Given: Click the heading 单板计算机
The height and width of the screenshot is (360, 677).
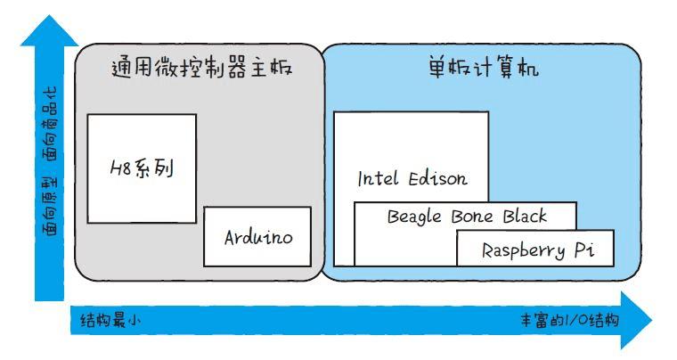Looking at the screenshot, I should pos(482,68).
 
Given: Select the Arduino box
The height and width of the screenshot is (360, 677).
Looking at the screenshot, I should pos(258,237).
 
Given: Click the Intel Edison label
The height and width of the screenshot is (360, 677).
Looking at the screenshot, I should pos(412,178).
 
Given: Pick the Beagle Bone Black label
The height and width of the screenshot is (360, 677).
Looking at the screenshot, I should pos(467,216).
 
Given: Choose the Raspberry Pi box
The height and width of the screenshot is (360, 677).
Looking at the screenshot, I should pos(535,250).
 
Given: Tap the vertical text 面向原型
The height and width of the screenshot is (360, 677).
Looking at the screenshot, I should pos(51,203).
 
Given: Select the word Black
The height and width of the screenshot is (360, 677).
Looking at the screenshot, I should pos(525,216).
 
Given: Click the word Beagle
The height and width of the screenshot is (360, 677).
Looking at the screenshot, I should pos(414,217).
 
